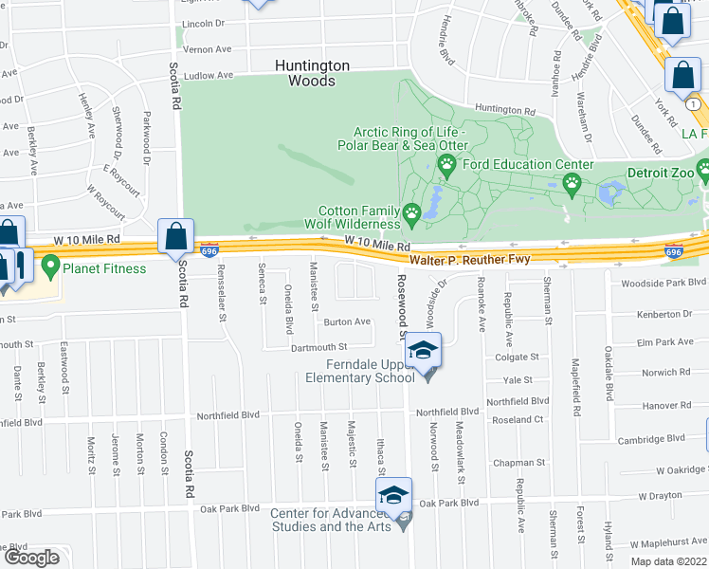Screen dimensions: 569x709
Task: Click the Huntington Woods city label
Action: pyautogui.click(x=312, y=73)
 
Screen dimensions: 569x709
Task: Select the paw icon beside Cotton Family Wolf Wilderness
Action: pyautogui.click(x=411, y=213)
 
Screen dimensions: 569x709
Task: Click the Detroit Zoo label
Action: pyautogui.click(x=660, y=174)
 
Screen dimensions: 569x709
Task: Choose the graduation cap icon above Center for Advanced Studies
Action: pyautogui.click(x=394, y=493)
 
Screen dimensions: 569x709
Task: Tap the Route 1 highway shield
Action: pyautogui.click(x=696, y=103)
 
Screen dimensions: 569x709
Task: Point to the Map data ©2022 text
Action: pyautogui.click(x=669, y=561)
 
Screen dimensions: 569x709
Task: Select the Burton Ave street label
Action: pyautogui.click(x=347, y=321)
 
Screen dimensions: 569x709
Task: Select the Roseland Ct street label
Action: pyautogui.click(x=517, y=419)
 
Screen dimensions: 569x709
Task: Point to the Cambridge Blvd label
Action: pyautogui.click(x=651, y=438)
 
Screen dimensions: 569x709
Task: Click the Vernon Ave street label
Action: pyautogui.click(x=208, y=48)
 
